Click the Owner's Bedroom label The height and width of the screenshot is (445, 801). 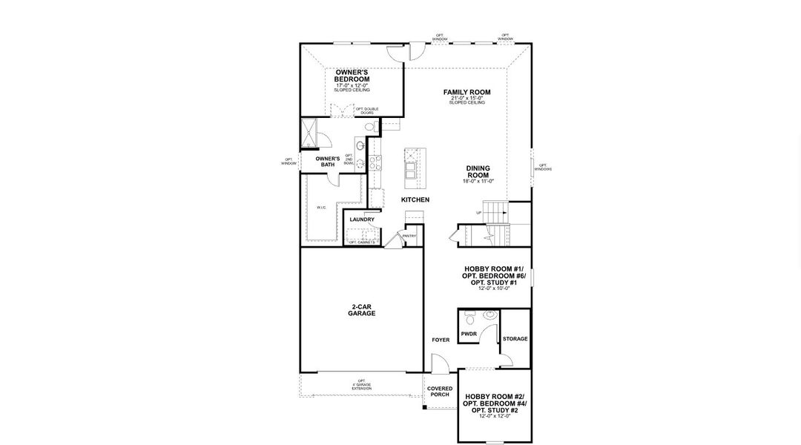(352, 75)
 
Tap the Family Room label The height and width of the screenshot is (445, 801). (467, 93)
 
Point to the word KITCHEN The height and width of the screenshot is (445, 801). (415, 200)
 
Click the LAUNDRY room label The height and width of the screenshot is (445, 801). (362, 220)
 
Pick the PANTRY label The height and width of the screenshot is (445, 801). (409, 237)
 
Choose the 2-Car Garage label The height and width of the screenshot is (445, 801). (362, 310)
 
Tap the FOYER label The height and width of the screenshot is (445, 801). (441, 340)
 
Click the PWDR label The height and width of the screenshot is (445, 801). (469, 335)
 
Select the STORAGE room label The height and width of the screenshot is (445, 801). (515, 339)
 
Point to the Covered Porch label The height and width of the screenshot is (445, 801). (440, 392)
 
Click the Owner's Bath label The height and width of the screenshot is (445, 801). (327, 162)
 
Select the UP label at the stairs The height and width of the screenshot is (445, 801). (479, 213)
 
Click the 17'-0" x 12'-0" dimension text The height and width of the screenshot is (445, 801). (352, 85)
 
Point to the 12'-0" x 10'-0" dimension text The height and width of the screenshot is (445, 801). (494, 288)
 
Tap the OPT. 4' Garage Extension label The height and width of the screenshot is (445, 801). (363, 386)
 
